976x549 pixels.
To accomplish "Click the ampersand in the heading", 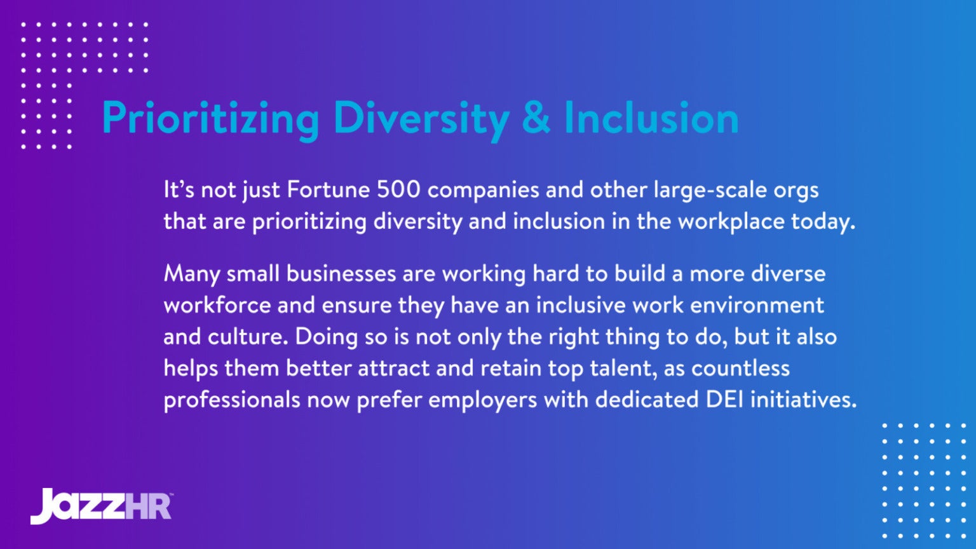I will point(536,118).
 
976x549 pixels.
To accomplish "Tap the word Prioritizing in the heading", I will point(210,118).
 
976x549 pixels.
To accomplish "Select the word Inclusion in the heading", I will point(651,118).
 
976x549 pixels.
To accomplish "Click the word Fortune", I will point(329,189).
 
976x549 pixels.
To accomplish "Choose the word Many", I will point(191,274).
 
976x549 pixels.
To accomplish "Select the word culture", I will point(248,336).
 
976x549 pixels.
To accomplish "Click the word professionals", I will point(231,400).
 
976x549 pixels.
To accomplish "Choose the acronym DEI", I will point(724,399).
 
